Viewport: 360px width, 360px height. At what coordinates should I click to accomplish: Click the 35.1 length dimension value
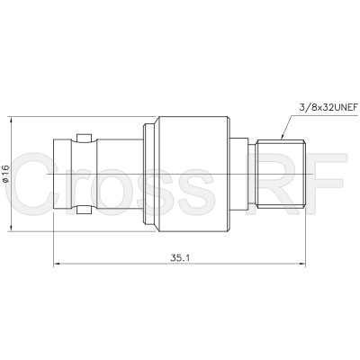pyautogui.click(x=179, y=256)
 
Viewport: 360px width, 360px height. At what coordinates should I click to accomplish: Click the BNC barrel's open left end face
pyautogui.click(x=55, y=173)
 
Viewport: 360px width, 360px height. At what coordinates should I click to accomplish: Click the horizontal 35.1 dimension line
pyautogui.click(x=117, y=264)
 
